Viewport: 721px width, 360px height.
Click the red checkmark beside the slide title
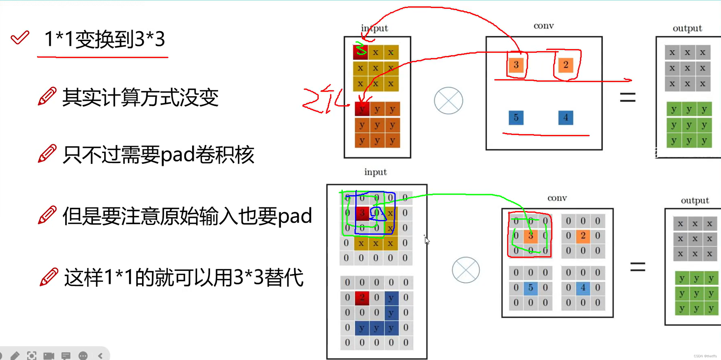pyautogui.click(x=20, y=37)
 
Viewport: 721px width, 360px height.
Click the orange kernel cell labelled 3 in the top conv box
pyautogui.click(x=516, y=65)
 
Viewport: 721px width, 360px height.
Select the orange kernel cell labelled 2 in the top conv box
pyautogui.click(x=566, y=65)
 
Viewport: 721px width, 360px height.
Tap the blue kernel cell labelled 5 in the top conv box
pyautogui.click(x=516, y=117)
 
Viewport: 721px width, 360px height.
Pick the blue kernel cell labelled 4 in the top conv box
pyautogui.click(x=566, y=117)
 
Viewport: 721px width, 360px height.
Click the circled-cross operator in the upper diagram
pyautogui.click(x=448, y=100)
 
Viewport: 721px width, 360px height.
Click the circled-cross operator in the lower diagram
pyautogui.click(x=466, y=270)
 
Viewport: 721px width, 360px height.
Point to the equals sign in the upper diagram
pyautogui.click(x=627, y=97)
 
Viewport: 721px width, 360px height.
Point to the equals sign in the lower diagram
pyautogui.click(x=638, y=267)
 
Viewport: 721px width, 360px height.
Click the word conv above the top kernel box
pyautogui.click(x=544, y=26)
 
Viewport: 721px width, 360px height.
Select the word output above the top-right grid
pyautogui.click(x=687, y=28)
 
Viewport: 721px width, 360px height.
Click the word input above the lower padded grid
pyautogui.click(x=375, y=172)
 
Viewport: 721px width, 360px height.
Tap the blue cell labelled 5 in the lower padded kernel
pyautogui.click(x=531, y=288)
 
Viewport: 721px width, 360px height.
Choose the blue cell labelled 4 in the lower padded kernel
pyautogui.click(x=583, y=288)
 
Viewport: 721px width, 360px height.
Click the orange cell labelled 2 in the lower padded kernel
pyautogui.click(x=583, y=235)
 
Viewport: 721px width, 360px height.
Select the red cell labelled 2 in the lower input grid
pyautogui.click(x=362, y=297)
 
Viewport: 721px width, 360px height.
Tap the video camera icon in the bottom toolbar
pyautogui.click(x=49, y=356)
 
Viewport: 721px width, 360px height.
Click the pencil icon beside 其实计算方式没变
pyautogui.click(x=47, y=96)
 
